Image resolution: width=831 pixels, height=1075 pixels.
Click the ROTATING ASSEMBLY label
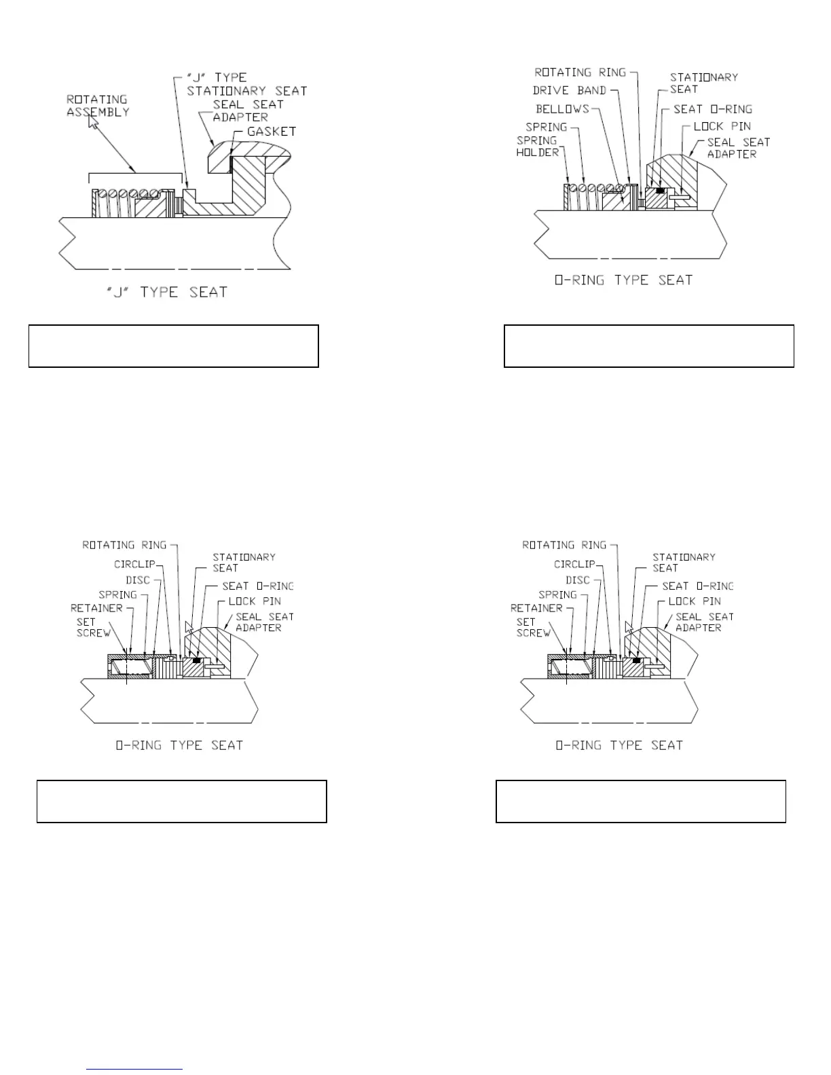pos(98,106)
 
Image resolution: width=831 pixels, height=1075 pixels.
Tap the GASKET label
pos(272,131)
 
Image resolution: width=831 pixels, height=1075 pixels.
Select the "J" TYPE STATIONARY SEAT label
pos(246,84)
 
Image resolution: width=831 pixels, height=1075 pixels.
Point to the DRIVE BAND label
pos(569,90)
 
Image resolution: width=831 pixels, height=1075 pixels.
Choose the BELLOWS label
pos(562,109)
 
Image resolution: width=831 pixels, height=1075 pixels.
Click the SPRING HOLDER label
pos(538,146)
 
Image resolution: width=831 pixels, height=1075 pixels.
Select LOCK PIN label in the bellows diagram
pos(722,126)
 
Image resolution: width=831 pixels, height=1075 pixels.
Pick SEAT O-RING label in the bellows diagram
pos(712,109)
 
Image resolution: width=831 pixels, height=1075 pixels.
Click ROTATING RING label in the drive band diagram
pos(580,72)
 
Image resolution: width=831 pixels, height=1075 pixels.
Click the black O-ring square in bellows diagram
pos(659,190)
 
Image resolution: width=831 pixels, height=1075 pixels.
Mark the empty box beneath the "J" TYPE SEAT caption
pos(173,346)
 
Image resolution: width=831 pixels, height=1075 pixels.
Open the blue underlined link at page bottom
pos(134,1069)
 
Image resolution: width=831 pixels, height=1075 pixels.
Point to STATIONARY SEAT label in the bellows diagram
pos(703,83)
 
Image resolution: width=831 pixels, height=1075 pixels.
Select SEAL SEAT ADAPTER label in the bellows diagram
pos(738,148)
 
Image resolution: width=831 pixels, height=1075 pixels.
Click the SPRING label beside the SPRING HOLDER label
pos(546,127)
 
